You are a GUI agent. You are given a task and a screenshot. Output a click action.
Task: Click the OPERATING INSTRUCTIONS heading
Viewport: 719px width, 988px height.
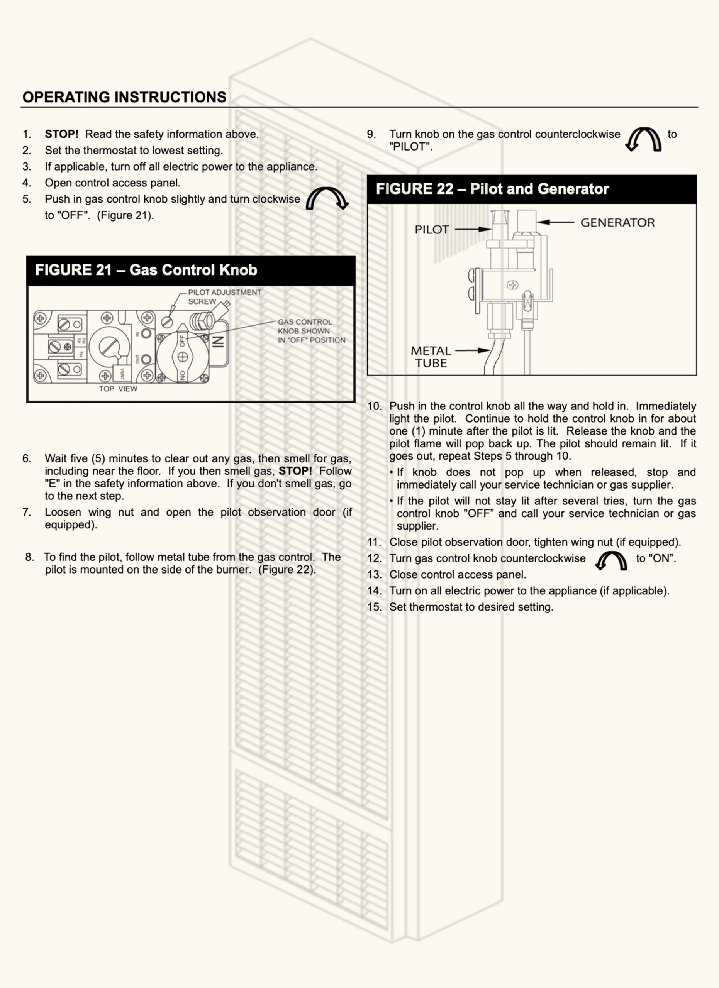pos(124,97)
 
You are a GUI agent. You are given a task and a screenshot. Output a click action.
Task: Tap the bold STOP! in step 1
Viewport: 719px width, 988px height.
pos(61,134)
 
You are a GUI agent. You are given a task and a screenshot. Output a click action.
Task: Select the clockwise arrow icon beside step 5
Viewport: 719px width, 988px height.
pos(327,199)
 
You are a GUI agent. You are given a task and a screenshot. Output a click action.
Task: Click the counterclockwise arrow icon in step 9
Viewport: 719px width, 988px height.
pos(644,139)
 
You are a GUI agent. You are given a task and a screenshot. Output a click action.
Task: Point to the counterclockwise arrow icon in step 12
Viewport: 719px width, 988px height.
pos(611,560)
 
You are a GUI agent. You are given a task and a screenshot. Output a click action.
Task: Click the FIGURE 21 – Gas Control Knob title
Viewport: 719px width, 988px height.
pos(146,270)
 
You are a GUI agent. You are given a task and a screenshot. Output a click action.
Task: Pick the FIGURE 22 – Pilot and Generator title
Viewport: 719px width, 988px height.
pos(492,189)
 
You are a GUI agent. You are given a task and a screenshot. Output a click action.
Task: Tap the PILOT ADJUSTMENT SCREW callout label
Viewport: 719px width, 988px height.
pos(224,297)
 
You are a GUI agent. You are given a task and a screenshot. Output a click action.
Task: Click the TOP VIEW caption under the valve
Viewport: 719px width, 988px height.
pos(118,389)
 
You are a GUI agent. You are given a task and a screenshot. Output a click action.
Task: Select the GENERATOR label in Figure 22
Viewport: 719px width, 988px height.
pos(617,223)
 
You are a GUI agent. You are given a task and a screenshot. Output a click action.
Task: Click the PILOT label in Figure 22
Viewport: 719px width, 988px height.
pos(431,230)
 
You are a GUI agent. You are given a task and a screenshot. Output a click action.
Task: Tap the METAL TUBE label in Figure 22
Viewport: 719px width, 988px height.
pos(431,357)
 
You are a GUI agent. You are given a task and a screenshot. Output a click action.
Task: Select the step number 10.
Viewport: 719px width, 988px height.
pos(374,406)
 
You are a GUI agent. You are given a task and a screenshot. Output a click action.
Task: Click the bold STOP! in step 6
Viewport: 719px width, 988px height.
pos(295,471)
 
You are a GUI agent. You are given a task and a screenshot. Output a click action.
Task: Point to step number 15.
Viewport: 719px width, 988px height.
pos(374,607)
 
